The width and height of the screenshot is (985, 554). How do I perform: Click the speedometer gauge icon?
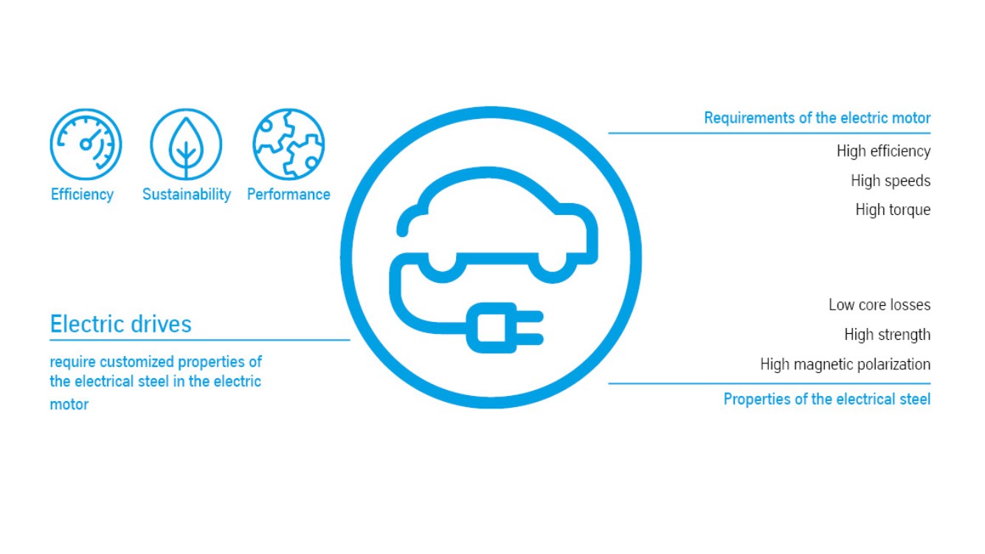[86, 144]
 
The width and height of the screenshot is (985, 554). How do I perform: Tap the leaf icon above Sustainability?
[186, 144]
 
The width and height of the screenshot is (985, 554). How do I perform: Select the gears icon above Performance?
[288, 144]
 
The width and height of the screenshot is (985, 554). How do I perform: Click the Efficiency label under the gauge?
[82, 194]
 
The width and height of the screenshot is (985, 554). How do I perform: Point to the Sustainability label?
[186, 194]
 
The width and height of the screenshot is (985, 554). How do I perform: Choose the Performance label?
[288, 194]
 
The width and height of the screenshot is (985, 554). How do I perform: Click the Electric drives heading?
[120, 324]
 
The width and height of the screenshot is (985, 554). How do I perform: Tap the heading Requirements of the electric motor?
[817, 118]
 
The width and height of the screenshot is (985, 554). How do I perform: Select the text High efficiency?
[883, 151]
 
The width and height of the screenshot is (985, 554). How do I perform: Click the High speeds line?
[891, 181]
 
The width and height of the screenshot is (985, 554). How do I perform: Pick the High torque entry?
[893, 210]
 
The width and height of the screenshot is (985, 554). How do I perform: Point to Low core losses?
[879, 305]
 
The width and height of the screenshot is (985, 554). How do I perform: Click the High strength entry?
[887, 335]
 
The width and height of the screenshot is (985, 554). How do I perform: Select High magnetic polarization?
[845, 364]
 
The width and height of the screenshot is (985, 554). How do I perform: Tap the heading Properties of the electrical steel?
[826, 400]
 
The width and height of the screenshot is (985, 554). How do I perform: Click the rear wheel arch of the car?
[441, 268]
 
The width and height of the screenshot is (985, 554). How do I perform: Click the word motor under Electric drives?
[69, 405]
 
